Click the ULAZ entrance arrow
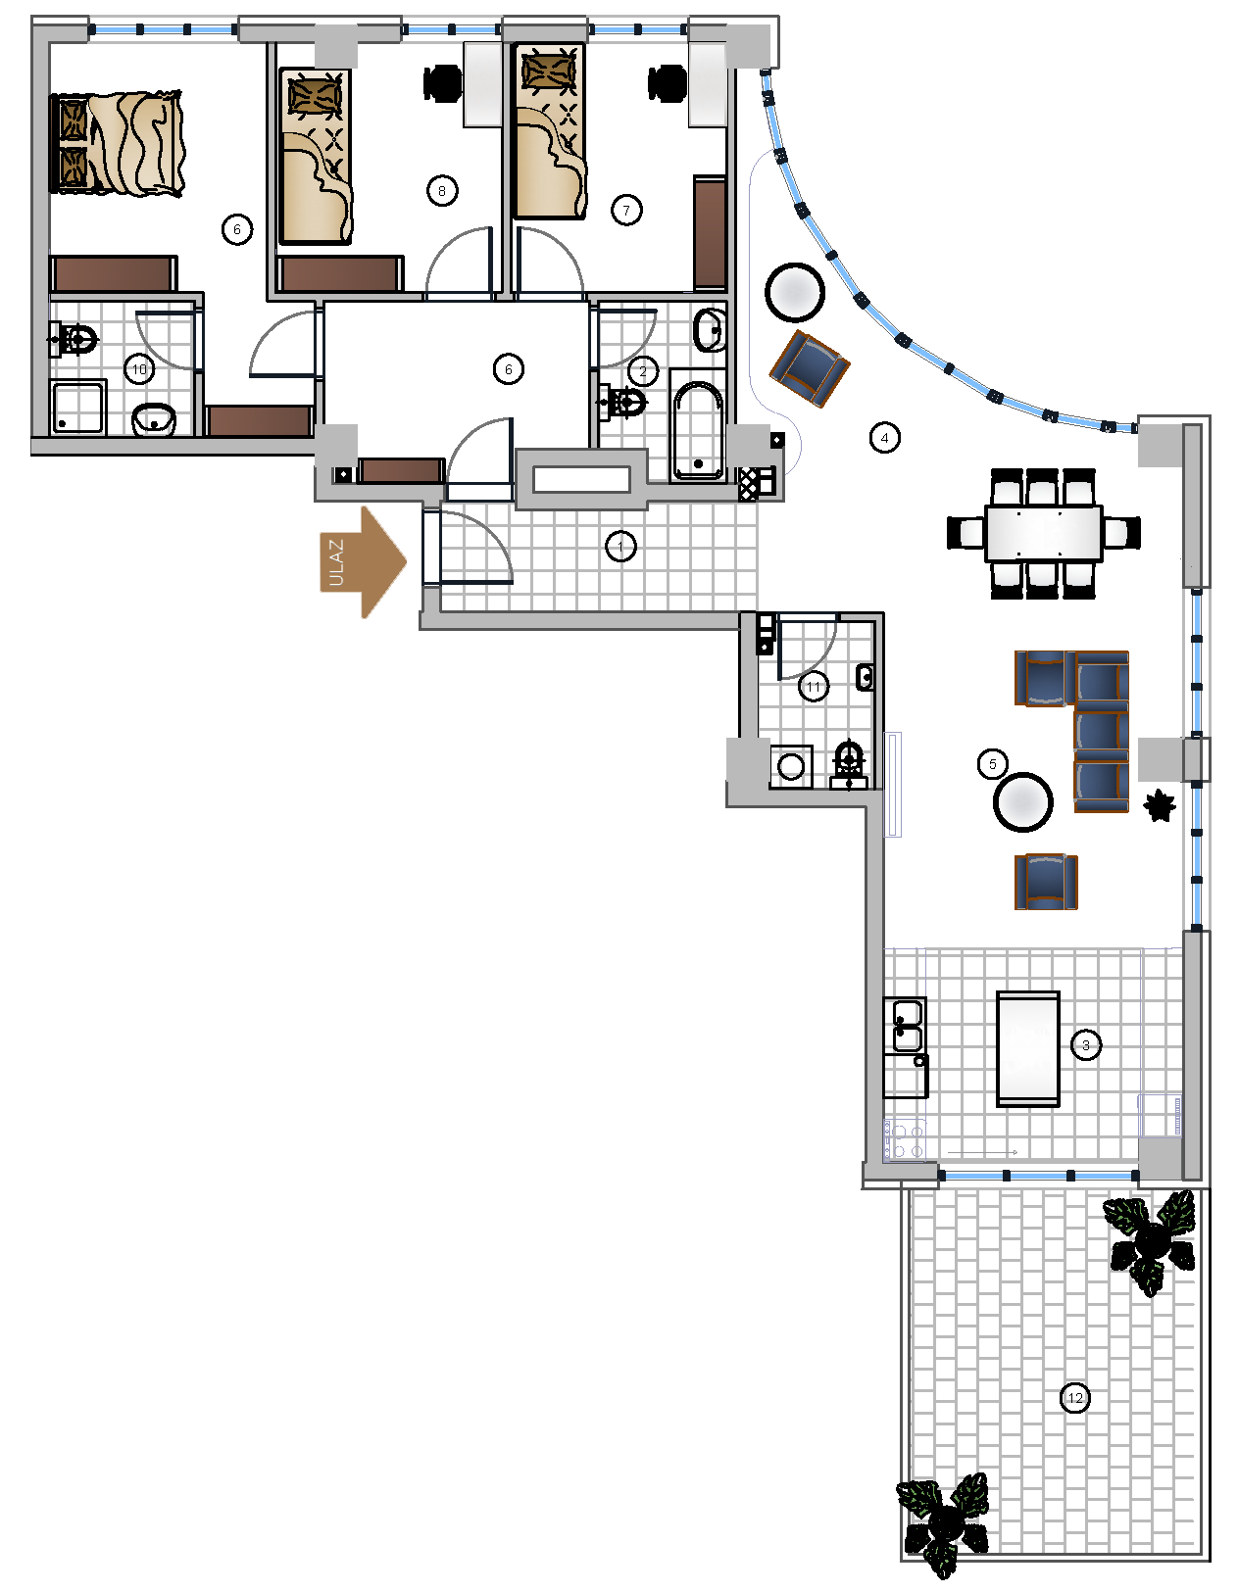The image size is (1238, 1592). [363, 562]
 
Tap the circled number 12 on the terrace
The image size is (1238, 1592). [1074, 1398]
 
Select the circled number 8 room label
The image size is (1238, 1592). [442, 191]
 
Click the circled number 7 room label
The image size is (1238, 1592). [626, 211]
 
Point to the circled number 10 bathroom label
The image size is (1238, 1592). [139, 369]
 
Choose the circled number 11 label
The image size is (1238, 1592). [814, 687]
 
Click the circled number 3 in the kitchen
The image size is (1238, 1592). [1085, 1045]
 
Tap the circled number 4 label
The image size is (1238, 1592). [884, 438]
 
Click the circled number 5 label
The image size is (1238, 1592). [992, 764]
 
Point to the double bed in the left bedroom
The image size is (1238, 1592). [116, 144]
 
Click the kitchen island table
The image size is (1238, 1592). [1027, 1048]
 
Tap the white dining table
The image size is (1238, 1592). [1043, 533]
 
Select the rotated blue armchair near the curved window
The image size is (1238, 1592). [810, 367]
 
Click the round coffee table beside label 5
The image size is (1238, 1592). [1022, 802]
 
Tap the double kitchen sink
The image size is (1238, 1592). [906, 1025]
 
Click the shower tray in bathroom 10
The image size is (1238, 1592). [77, 407]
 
